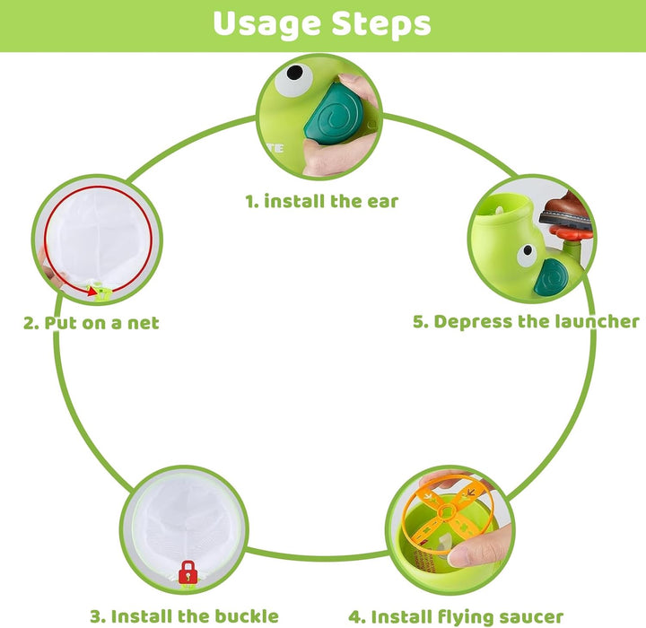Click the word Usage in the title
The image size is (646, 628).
pos(266,24)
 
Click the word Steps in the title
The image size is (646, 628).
pos(381,24)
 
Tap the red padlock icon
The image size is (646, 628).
pos(188,572)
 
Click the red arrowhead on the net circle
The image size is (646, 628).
pos(93,292)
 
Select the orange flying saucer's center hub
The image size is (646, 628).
pos(447,512)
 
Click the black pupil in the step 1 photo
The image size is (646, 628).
pos(294,73)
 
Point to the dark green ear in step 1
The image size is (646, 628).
pos(334,113)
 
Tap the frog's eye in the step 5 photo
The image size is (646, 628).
pos(527,255)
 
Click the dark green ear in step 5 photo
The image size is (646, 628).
pos(551,278)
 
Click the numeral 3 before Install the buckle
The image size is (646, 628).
pos(95,616)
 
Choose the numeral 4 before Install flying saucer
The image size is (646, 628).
pos(354,617)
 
